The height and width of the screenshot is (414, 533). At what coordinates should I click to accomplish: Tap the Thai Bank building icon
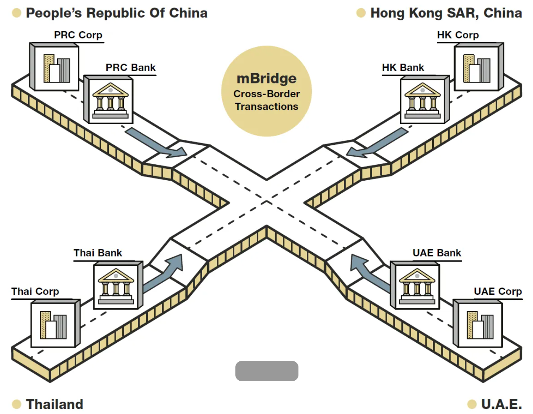coord(116,286)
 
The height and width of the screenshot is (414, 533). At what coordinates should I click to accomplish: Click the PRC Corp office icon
coord(56,69)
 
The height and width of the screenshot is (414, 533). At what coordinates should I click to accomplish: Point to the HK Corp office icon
coord(477,69)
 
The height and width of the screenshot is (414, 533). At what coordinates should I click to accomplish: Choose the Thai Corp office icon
coord(53,325)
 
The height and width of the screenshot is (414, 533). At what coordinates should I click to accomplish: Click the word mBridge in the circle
coord(266,79)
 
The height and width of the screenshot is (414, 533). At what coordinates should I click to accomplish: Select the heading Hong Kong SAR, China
coord(446,13)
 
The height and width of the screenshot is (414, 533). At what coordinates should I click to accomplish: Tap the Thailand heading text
coord(55,404)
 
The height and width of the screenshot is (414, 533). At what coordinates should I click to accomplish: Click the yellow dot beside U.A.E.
coord(472,404)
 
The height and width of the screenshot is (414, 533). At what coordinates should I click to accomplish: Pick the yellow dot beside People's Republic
coord(17,13)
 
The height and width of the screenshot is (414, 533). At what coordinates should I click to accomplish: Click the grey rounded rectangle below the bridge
coord(267,371)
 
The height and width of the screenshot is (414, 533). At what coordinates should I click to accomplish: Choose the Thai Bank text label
coord(98,253)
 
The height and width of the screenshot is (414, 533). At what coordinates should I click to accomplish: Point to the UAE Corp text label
coord(498,291)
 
